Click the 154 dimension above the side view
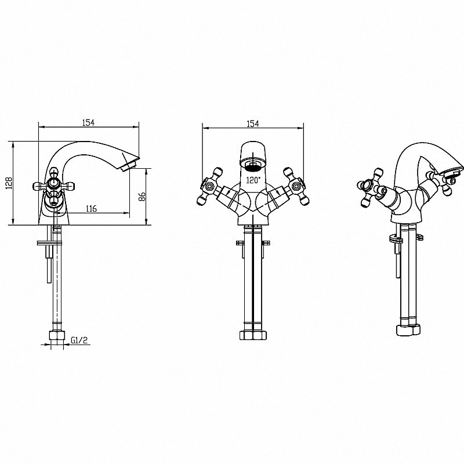click(x=88, y=122)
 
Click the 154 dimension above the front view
click(x=253, y=124)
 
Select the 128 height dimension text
click(x=9, y=183)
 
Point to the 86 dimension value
click(x=142, y=197)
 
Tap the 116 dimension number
click(x=91, y=209)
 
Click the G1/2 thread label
click(x=79, y=340)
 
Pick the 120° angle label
click(x=253, y=180)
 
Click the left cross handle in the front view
click(x=209, y=186)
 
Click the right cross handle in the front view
click(x=296, y=186)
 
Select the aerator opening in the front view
click(x=253, y=165)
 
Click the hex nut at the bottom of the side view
click(x=57, y=336)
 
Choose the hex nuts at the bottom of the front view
click(x=253, y=335)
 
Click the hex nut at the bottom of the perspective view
click(x=408, y=330)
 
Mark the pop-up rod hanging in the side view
click(x=48, y=264)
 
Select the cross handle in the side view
click(x=54, y=186)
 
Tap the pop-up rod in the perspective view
click(x=398, y=260)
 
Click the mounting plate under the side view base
click(x=49, y=243)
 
